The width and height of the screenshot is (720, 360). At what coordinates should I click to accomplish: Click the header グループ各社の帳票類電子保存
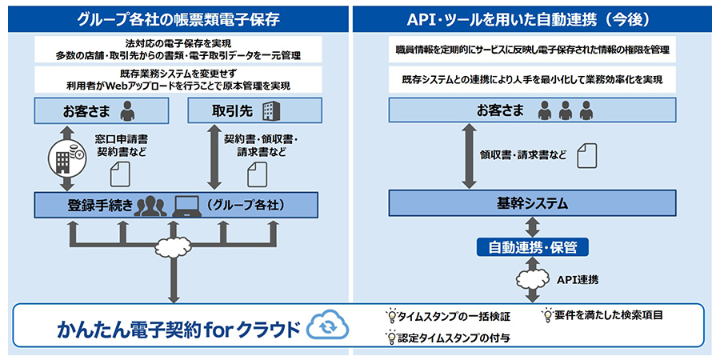coord(178,18)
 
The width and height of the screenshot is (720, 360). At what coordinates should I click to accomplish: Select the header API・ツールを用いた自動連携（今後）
coord(533,18)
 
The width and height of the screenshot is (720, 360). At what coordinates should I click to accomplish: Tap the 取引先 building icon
coord(271,110)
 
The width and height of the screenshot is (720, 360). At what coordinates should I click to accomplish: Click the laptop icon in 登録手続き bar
coord(187,206)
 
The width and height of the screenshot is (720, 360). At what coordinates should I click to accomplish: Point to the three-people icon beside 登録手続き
coord(150,206)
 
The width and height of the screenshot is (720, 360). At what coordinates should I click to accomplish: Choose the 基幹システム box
coord(532,203)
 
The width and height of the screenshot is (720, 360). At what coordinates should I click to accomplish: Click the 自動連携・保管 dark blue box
coord(532,248)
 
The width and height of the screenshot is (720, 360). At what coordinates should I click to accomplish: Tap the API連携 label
coord(578,279)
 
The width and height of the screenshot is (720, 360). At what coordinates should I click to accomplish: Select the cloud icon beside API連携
coord(533,278)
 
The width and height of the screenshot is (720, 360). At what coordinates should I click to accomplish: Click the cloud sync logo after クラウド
coord(328,326)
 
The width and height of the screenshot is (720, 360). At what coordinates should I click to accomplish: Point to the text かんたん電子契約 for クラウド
coord(178,330)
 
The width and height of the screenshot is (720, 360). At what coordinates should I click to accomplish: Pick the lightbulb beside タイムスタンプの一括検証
coord(392,315)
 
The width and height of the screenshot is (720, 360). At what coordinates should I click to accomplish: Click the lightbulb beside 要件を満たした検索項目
coord(547,314)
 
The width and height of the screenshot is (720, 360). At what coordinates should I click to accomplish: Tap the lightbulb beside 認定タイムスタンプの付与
coord(392,337)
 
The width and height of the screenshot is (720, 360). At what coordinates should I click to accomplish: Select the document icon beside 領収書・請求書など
coord(587,156)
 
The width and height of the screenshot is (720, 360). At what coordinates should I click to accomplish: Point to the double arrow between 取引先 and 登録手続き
coord(214,157)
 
